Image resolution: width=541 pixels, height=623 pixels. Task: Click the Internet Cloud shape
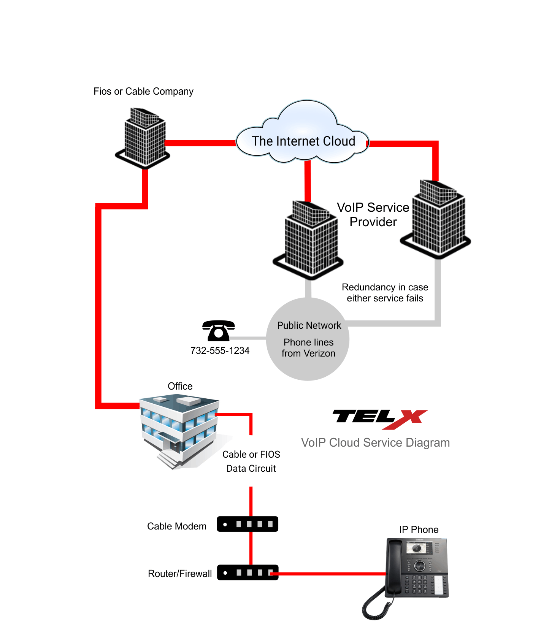303,133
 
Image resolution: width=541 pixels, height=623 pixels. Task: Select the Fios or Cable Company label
144,92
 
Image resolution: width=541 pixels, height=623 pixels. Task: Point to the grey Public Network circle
308,339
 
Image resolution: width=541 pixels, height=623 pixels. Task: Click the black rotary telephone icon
218,330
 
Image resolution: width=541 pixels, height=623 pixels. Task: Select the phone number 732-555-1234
220,350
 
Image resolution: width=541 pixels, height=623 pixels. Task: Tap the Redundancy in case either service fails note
385,293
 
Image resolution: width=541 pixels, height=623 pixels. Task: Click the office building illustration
179,430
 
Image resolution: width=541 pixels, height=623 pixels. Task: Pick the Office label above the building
180,386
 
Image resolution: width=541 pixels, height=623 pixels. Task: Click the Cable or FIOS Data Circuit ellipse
251,461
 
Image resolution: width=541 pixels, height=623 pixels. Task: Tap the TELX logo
380,419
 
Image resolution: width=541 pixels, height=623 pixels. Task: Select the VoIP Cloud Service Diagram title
375,443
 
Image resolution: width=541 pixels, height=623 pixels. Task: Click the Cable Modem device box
247,524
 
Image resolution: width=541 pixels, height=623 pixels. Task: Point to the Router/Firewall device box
247,572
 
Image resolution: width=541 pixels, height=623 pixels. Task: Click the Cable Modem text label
176,526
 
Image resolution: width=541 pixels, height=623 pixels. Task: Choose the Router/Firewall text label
179,574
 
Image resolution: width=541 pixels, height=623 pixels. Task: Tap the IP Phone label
419,530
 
